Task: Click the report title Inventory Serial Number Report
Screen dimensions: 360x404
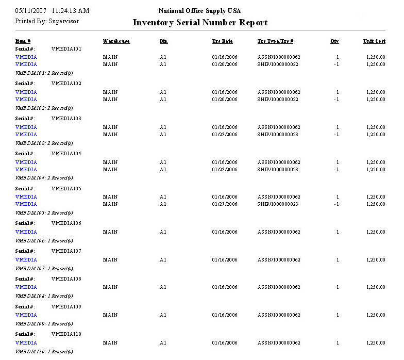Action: [x=200, y=23]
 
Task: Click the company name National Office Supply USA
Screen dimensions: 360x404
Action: [x=199, y=11]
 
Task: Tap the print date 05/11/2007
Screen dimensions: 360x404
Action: [x=30, y=11]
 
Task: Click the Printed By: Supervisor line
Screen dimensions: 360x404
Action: [x=47, y=22]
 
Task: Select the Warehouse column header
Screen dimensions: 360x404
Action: [x=116, y=41]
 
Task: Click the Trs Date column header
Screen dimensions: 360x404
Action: [x=222, y=41]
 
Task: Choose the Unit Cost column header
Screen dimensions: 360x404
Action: [x=374, y=41]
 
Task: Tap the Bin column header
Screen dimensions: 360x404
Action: [x=163, y=41]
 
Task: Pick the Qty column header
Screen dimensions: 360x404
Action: [x=334, y=41]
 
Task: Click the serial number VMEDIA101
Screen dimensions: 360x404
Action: [x=66, y=49]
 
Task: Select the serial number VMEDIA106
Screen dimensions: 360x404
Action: [x=66, y=223]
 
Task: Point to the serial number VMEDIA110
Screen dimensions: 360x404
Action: [x=66, y=334]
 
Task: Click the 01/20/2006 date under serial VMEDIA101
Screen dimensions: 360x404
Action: [x=225, y=64]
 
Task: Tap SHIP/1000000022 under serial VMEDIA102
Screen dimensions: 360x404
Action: [x=278, y=100]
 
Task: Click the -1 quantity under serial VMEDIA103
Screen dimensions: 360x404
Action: [x=336, y=135]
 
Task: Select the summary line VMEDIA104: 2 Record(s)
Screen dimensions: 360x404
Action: [x=44, y=177]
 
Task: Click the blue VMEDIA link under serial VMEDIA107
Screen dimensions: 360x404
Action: [x=26, y=260]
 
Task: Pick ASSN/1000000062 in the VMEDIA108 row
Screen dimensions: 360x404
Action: [x=279, y=287]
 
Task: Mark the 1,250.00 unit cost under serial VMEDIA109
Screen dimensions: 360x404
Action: [x=375, y=315]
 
